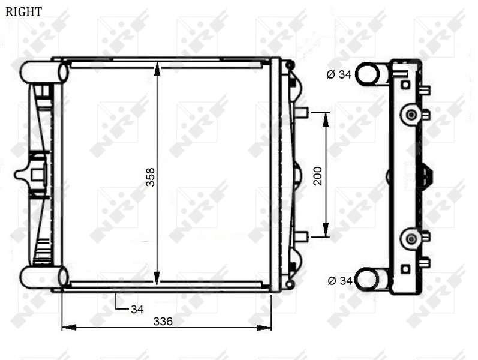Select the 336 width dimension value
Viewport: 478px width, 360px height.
(x=163, y=322)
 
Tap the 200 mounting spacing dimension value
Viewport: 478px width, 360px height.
(x=318, y=175)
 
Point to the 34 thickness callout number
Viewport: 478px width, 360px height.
(x=137, y=310)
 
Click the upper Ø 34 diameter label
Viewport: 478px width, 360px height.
(x=339, y=74)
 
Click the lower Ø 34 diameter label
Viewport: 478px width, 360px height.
(x=339, y=280)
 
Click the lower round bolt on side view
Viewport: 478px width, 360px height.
(x=411, y=239)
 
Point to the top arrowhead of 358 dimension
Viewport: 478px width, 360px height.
(x=157, y=68)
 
